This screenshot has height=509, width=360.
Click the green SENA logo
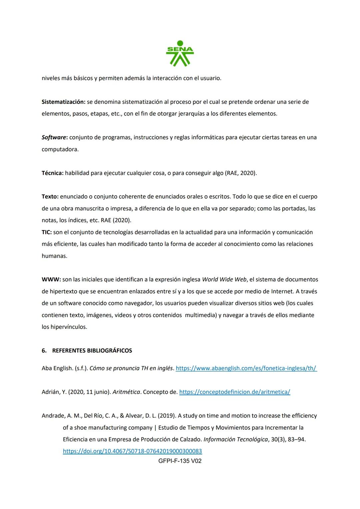pyautogui.click(x=180, y=53)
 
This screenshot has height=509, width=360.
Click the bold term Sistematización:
pyautogui.click(x=63, y=102)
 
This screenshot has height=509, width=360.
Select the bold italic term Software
pyautogui.click(x=54, y=137)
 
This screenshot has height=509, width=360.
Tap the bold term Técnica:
pyautogui.click(x=52, y=173)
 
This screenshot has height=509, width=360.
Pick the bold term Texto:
pyautogui.click(x=50, y=197)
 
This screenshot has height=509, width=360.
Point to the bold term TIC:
pyautogui.click(x=47, y=232)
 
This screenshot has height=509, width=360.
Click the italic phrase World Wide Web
pyautogui.click(x=224, y=279)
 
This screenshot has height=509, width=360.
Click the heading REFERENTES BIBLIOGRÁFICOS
pyautogui.click(x=92, y=351)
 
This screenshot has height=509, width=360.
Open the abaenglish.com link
pyautogui.click(x=246, y=368)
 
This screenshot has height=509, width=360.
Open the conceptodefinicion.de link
pyautogui.click(x=235, y=392)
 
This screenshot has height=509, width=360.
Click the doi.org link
pyautogui.click(x=132, y=451)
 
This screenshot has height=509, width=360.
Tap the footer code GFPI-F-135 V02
pyautogui.click(x=180, y=461)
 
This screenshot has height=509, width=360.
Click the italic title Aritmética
pyautogui.click(x=126, y=392)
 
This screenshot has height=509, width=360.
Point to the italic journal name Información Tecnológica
pyautogui.click(x=235, y=439)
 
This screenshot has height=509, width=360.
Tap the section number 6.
pyautogui.click(x=44, y=351)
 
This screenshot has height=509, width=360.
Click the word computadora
pyautogui.click(x=60, y=149)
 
